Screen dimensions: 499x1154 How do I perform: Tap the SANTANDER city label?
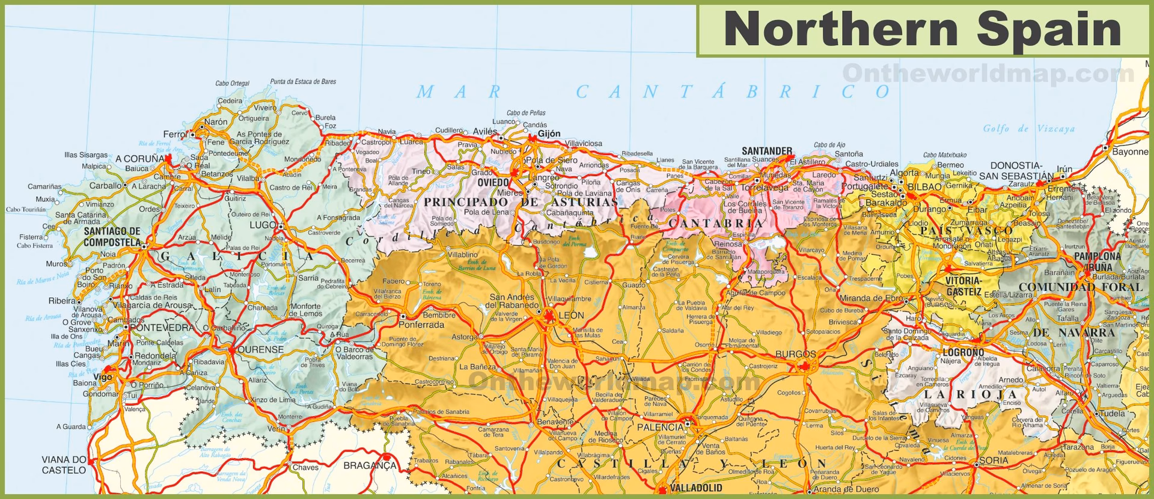[766, 150]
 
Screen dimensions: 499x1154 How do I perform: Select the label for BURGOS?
[796, 354]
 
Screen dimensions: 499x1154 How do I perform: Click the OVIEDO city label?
[492, 182]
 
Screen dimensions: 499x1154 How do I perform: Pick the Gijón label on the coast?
[549, 133]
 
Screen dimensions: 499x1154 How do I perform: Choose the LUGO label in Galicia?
[262, 225]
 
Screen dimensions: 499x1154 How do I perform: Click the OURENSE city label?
[260, 349]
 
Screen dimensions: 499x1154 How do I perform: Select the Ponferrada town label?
[421, 325]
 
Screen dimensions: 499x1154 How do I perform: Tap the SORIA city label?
[993, 461]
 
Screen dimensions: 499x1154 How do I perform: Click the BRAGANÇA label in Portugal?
[370, 465]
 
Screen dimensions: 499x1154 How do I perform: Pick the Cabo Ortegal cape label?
[232, 83]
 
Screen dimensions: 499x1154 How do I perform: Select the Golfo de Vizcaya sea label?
[1028, 129]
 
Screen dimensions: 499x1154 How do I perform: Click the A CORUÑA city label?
[139, 158]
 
